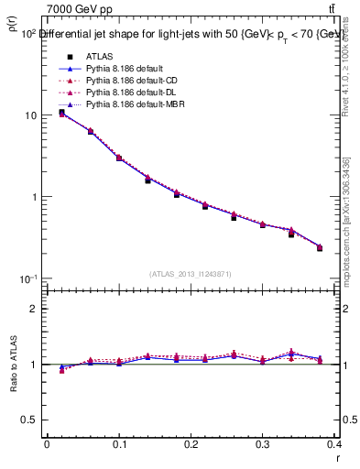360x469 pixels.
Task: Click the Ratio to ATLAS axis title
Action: [13, 365]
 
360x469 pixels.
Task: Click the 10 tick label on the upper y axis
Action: [30, 115]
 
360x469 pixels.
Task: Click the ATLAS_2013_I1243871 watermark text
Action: [191, 274]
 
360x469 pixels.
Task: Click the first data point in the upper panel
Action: [61, 113]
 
